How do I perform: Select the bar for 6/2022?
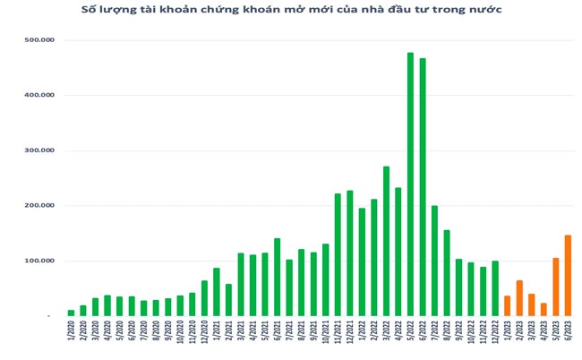[423, 187]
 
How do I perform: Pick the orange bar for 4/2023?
[543, 309]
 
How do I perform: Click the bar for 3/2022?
[386, 241]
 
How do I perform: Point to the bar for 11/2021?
[338, 254]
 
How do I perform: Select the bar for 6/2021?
[277, 277]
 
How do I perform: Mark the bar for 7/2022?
[434, 261]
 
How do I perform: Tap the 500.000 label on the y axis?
[39, 40]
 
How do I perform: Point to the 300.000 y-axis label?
[39, 150]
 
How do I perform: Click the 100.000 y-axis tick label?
[39, 261]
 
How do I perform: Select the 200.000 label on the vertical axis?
[39, 206]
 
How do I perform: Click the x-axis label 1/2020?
[72, 338]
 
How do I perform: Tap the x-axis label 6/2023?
[568, 338]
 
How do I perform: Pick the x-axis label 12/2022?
[495, 339]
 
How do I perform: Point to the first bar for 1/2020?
[72, 313]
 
